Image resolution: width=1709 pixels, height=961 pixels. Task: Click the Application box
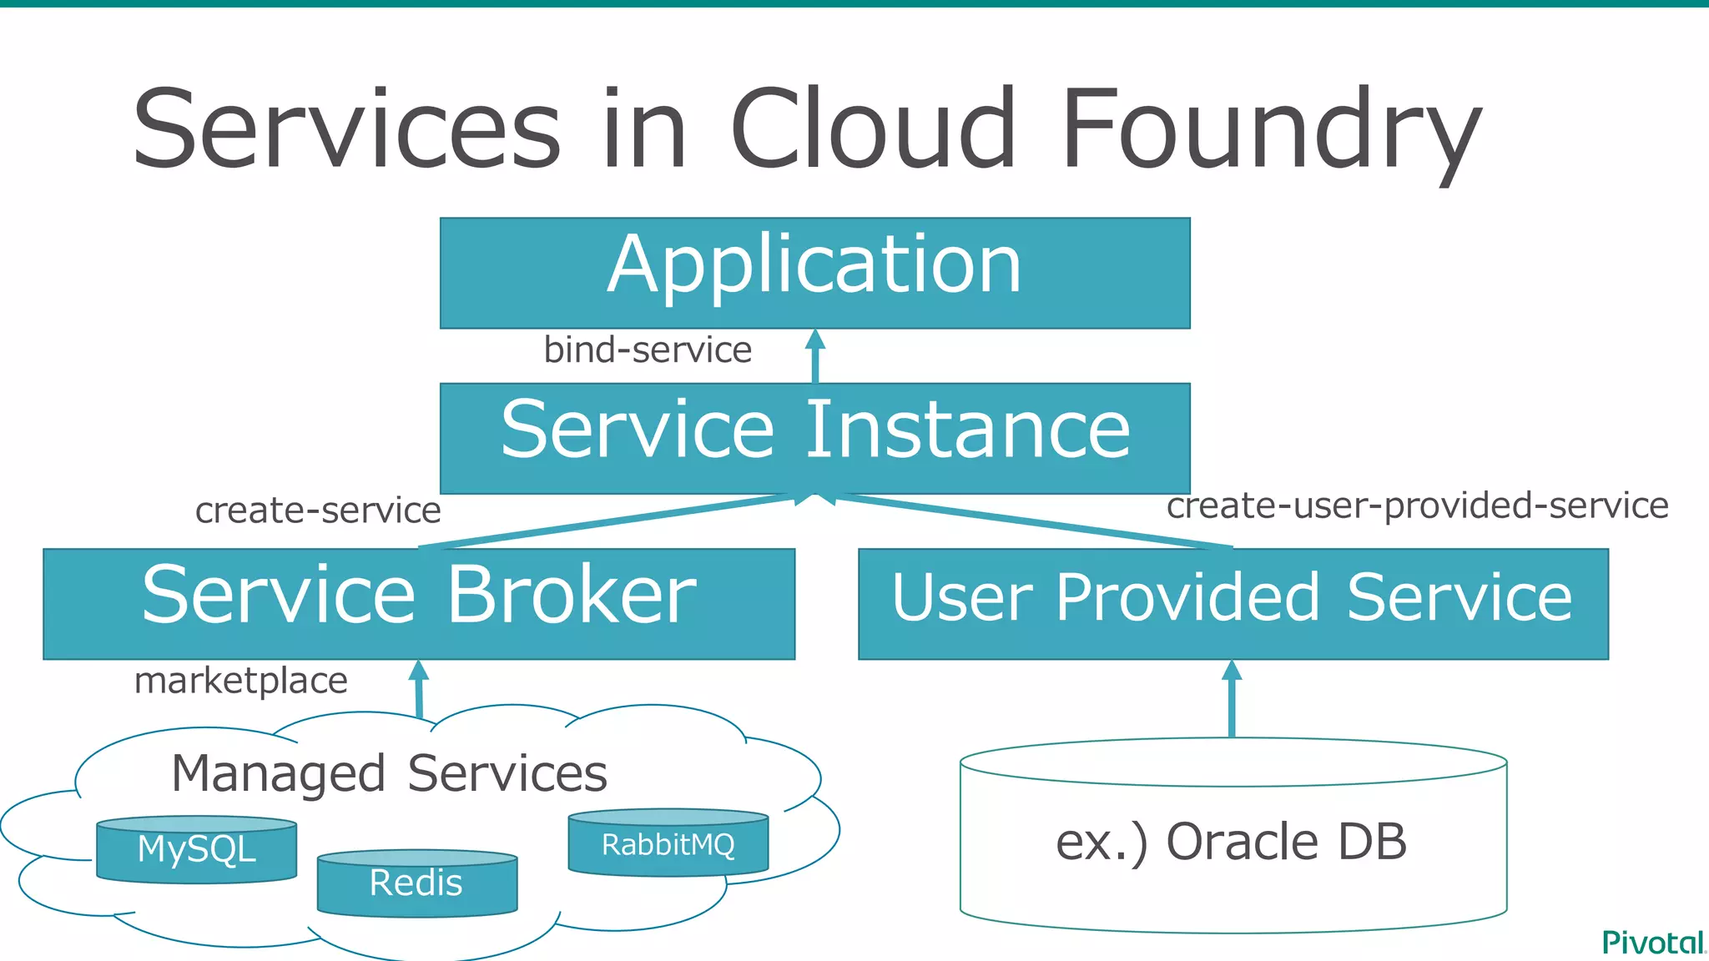coord(814,273)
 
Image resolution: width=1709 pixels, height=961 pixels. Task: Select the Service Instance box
coord(814,437)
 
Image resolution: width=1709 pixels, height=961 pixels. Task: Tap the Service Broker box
coord(419,603)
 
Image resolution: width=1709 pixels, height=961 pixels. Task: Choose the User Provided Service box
coord(1233,603)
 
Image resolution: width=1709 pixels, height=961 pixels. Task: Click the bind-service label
coord(648,350)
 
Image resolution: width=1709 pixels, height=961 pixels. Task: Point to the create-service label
coord(318,511)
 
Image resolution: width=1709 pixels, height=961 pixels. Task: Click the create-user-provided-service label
coord(1417,506)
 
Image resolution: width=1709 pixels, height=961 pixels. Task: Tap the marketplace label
coord(240,681)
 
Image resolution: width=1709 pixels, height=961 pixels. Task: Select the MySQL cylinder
coord(196,850)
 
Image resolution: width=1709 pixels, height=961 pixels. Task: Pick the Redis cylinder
coord(416,883)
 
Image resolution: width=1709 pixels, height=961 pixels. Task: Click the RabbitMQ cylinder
coord(668,844)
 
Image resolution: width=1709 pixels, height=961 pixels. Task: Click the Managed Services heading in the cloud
coord(389,773)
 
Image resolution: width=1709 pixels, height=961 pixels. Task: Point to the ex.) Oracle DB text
coord(1232,841)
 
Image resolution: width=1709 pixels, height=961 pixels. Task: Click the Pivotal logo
coord(1653,943)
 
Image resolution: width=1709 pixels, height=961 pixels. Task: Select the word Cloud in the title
coord(873,129)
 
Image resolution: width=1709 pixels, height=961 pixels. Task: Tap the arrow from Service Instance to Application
coord(815,356)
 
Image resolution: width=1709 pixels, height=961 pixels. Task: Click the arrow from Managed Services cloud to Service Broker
coord(419,689)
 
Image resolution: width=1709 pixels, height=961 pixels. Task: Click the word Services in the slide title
coord(346,129)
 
